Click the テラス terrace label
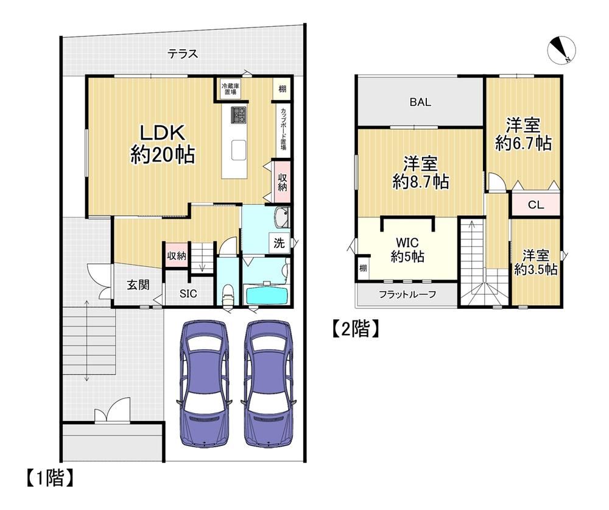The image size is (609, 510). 183,54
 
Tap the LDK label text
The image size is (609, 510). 162,133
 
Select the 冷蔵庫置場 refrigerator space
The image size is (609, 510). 229,88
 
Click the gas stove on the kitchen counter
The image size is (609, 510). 239,115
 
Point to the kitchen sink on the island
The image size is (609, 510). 239,150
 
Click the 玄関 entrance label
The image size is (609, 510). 138,285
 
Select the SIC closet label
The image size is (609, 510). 188,294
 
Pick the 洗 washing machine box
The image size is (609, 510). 280,243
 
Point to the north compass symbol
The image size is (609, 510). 561,51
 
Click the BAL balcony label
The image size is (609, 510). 420,102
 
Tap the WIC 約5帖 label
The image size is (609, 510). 407,250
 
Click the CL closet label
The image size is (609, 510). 536,205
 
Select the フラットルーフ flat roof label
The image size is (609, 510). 407,295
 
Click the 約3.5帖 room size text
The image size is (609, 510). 536,269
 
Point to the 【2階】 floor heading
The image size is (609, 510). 355,329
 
